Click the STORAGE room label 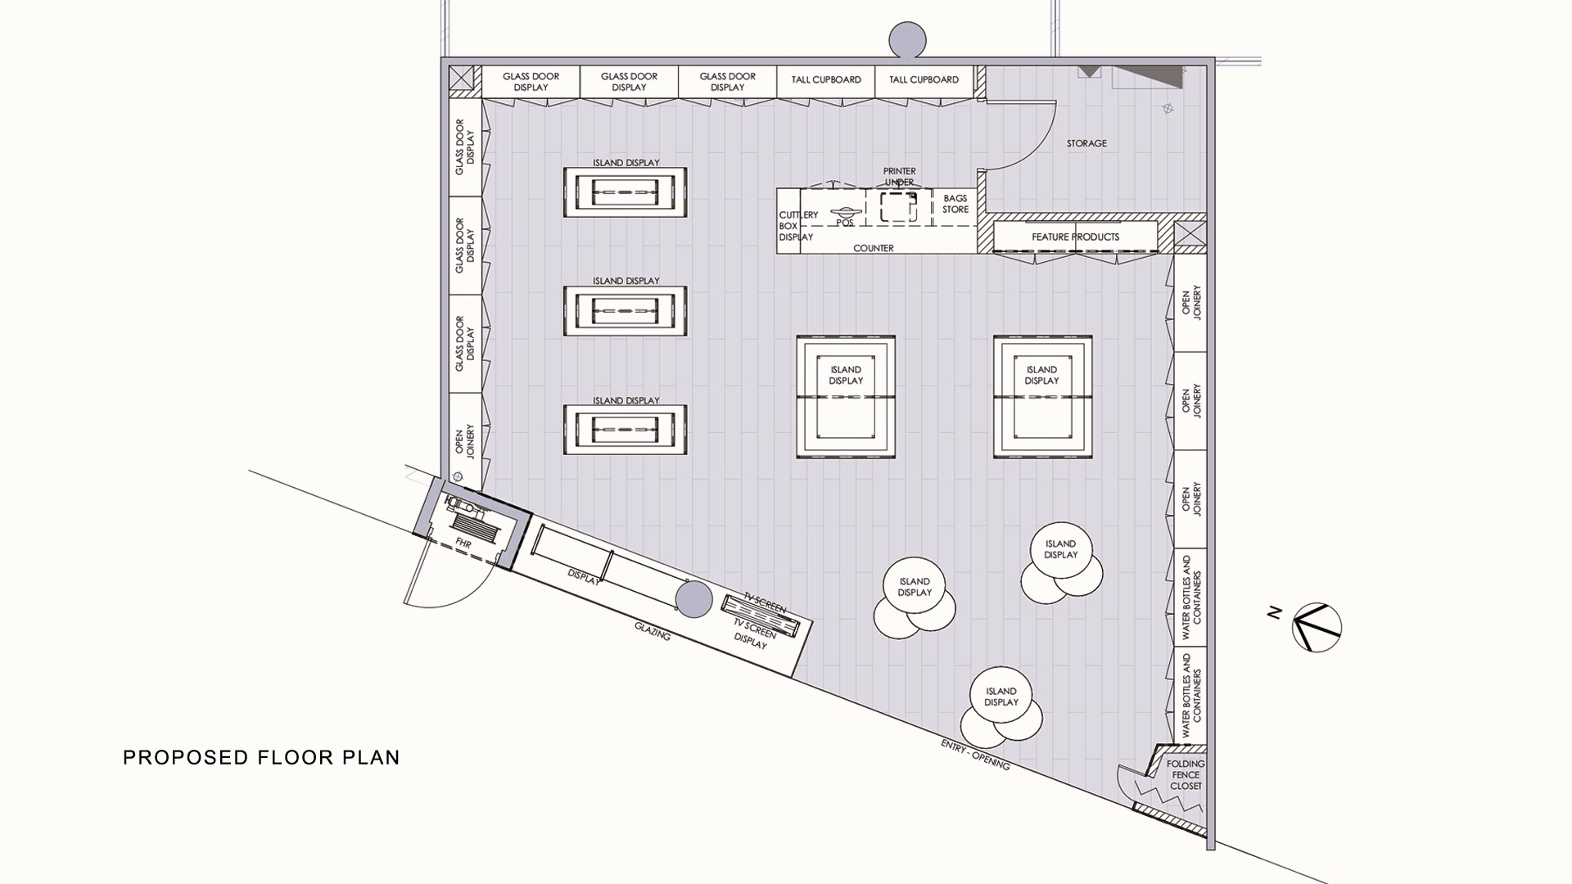coord(1086,143)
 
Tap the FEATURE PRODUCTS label coord(1075,237)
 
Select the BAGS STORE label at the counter coord(955,204)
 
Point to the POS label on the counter coord(845,222)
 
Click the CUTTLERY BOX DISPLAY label coord(796,226)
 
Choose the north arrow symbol coord(1317,628)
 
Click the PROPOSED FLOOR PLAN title coord(261,758)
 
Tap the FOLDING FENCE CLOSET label coord(1186,775)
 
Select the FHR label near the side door coord(463,544)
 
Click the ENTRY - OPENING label coord(975,754)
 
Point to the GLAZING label coord(653,631)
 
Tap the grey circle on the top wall coord(907,39)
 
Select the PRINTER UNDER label coord(899,177)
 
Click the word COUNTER coord(874,248)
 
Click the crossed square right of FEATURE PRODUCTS coord(1190,233)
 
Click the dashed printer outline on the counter coord(899,207)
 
